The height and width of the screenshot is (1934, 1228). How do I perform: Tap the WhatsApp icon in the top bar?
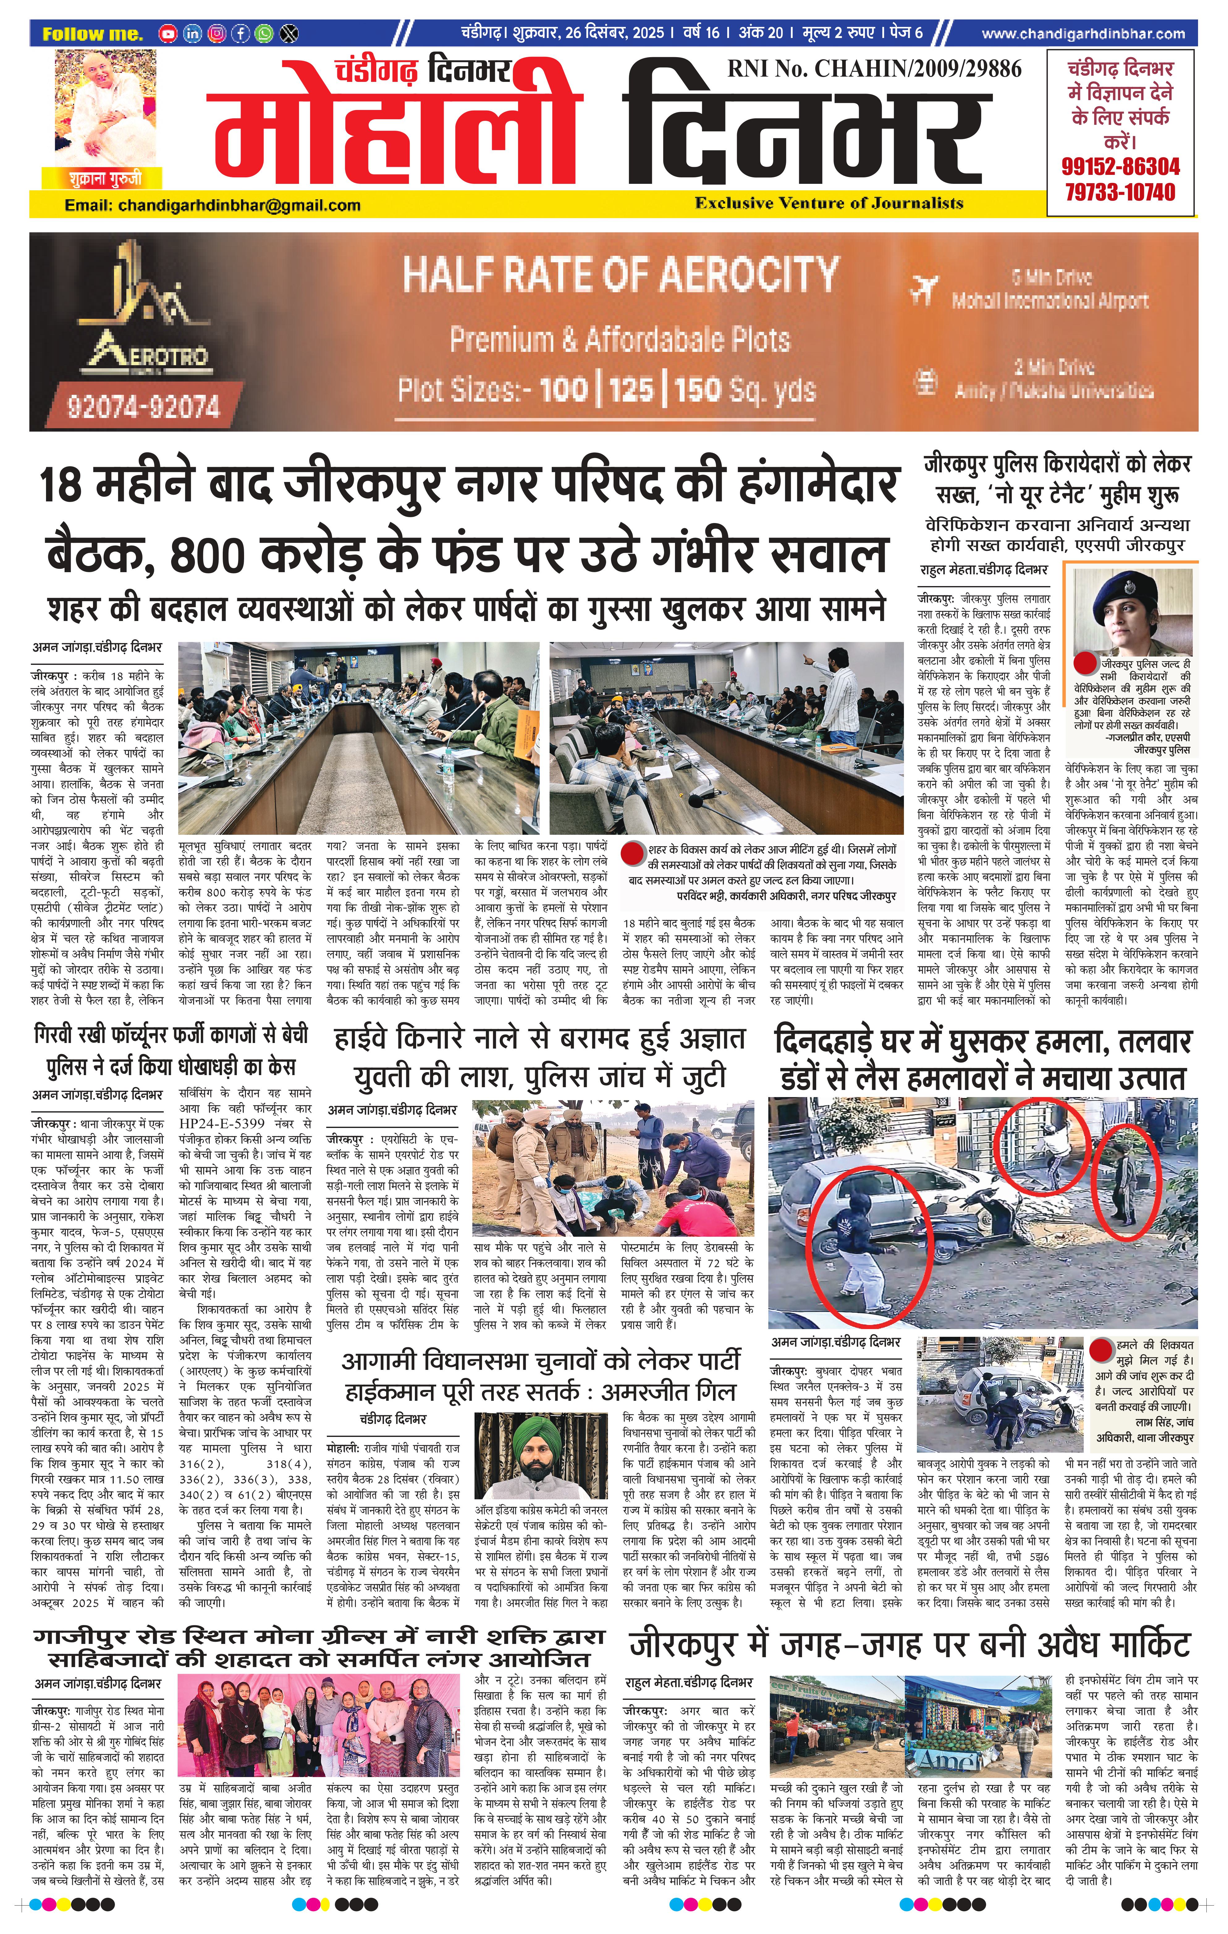(x=264, y=34)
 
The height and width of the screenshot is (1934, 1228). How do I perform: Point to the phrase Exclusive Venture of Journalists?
(x=829, y=203)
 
